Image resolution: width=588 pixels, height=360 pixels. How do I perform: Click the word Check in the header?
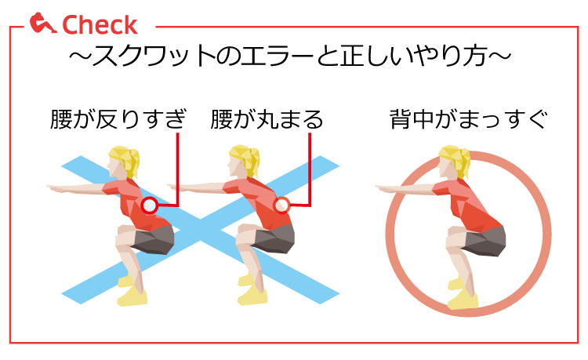coord(100,25)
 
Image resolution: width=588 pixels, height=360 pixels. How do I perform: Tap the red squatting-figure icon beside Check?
coord(42,23)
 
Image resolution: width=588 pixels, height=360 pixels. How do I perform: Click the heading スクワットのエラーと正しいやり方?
coord(290,56)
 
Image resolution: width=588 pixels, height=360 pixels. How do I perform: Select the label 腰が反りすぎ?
coord(118,119)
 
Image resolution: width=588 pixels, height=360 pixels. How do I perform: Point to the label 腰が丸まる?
coord(267,119)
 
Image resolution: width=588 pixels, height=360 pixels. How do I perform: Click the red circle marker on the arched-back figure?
coord(150,205)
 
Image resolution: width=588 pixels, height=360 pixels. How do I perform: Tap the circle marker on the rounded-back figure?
coord(281,205)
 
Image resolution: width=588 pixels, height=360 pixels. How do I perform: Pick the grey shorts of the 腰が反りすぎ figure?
coord(153,240)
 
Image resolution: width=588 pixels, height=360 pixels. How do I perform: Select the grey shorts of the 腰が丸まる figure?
coord(274,239)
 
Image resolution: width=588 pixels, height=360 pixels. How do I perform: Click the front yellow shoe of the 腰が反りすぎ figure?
coord(132,297)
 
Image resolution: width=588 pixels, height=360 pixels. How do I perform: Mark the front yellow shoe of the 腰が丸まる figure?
coord(252,296)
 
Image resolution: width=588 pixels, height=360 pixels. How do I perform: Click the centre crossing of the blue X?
coord(200,230)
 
